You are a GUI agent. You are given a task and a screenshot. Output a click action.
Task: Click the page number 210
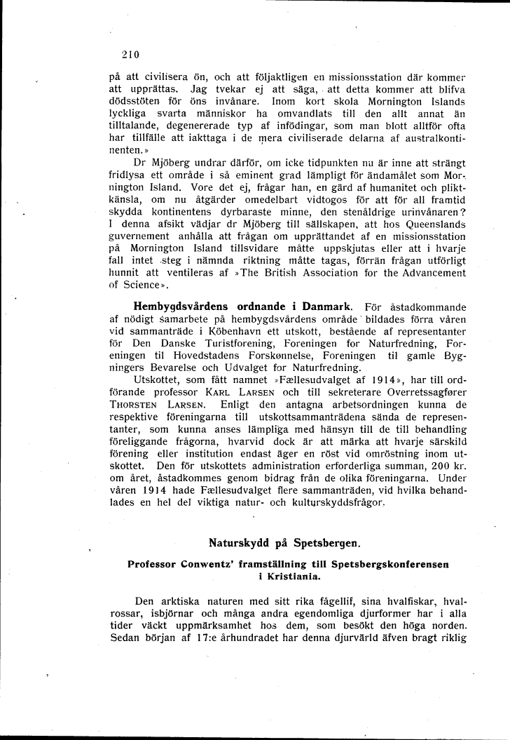[x=131, y=54]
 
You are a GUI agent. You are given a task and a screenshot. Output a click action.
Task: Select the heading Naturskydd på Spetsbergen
[x=284, y=542]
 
